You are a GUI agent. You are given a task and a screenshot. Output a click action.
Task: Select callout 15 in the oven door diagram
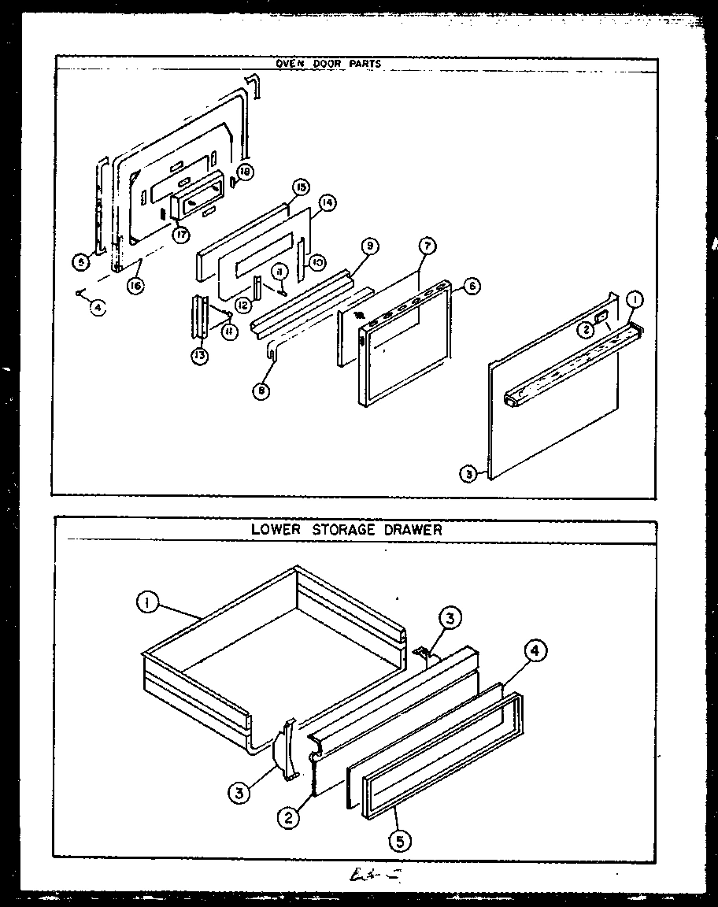click(x=301, y=187)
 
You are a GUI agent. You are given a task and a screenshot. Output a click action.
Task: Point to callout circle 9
click(x=368, y=247)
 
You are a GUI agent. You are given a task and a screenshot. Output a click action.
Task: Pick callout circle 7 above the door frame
click(x=426, y=246)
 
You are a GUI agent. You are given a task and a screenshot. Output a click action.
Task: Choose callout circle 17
click(x=181, y=234)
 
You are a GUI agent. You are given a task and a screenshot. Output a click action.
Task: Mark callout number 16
click(x=135, y=287)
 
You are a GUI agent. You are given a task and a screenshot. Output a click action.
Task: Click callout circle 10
click(x=315, y=261)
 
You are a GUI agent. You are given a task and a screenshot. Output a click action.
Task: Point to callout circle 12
click(x=245, y=305)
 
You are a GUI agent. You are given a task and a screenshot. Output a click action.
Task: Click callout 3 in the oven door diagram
click(x=469, y=475)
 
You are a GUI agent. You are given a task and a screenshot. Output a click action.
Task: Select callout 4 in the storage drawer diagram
click(x=535, y=651)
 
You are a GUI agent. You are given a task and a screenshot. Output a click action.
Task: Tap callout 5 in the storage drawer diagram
click(x=400, y=842)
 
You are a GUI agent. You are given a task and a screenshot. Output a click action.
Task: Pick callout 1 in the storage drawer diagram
click(x=146, y=604)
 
